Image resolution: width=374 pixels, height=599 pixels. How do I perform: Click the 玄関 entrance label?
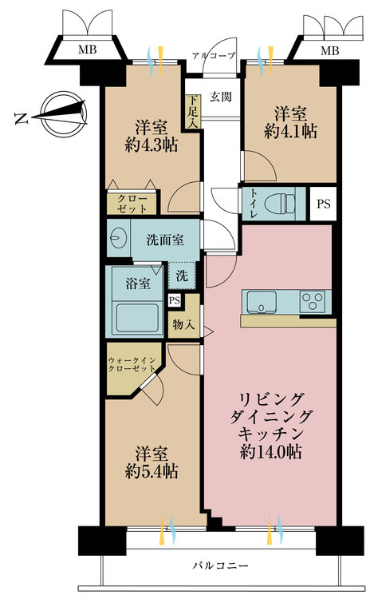221,97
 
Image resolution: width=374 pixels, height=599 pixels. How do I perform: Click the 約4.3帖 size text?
150,145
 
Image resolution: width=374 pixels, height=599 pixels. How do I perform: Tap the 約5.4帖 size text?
151,471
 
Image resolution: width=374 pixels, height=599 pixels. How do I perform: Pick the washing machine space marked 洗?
181,276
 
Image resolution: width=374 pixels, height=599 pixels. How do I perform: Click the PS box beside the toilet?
322,203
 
